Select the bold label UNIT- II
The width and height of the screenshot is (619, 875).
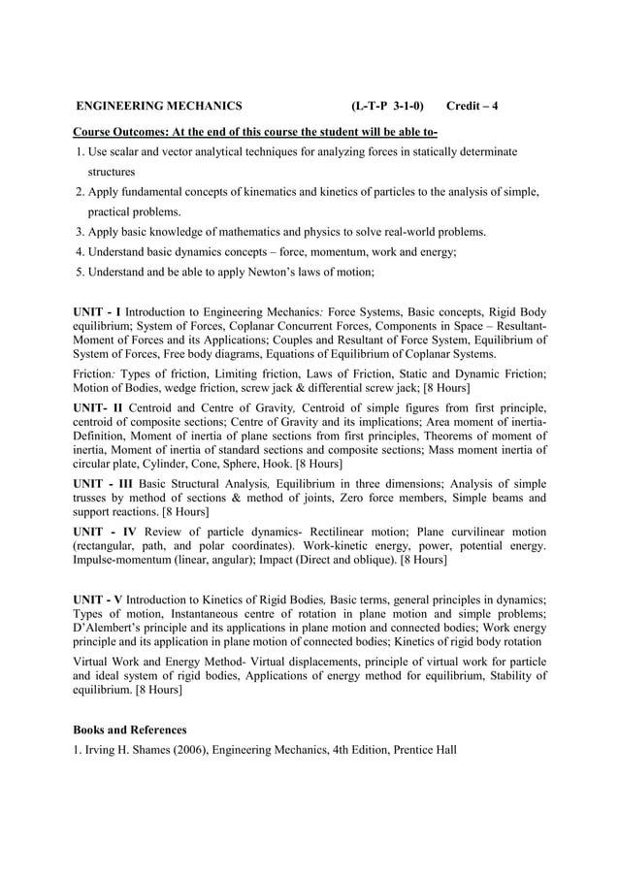pos(99,406)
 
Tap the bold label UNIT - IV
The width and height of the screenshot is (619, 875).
pos(109,532)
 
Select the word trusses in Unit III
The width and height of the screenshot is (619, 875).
pos(94,498)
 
